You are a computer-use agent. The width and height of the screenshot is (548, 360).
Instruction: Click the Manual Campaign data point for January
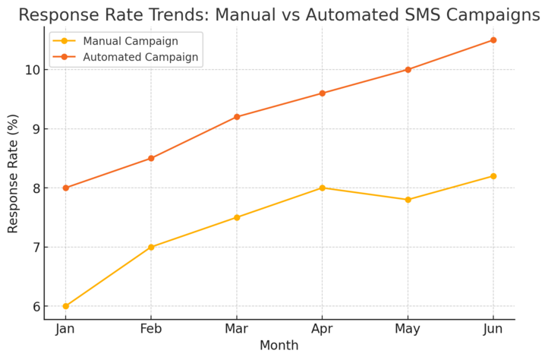65,306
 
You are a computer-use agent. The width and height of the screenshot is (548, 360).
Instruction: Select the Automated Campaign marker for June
493,40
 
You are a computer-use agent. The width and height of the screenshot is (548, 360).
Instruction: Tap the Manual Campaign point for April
323,188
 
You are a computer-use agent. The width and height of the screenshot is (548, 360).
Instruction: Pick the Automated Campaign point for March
237,117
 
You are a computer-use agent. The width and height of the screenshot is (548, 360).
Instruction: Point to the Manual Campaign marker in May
408,200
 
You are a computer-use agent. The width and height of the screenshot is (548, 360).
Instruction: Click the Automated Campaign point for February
151,158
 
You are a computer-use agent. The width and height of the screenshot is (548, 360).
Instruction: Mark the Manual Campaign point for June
493,176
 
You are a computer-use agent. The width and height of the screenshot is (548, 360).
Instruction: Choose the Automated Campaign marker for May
408,70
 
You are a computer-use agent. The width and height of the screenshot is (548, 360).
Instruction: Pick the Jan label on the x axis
65,328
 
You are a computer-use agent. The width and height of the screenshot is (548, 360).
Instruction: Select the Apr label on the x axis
323,328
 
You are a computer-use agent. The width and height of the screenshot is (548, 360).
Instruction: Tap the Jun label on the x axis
493,328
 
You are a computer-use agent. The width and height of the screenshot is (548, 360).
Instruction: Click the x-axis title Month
279,346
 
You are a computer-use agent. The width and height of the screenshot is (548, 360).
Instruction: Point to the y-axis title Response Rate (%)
13,178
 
